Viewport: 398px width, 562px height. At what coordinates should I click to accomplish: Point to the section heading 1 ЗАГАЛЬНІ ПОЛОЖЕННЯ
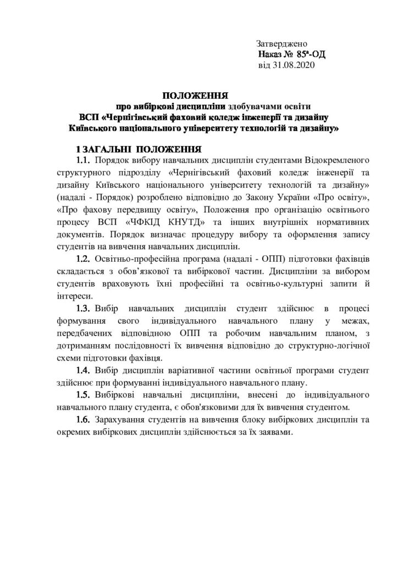140,149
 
